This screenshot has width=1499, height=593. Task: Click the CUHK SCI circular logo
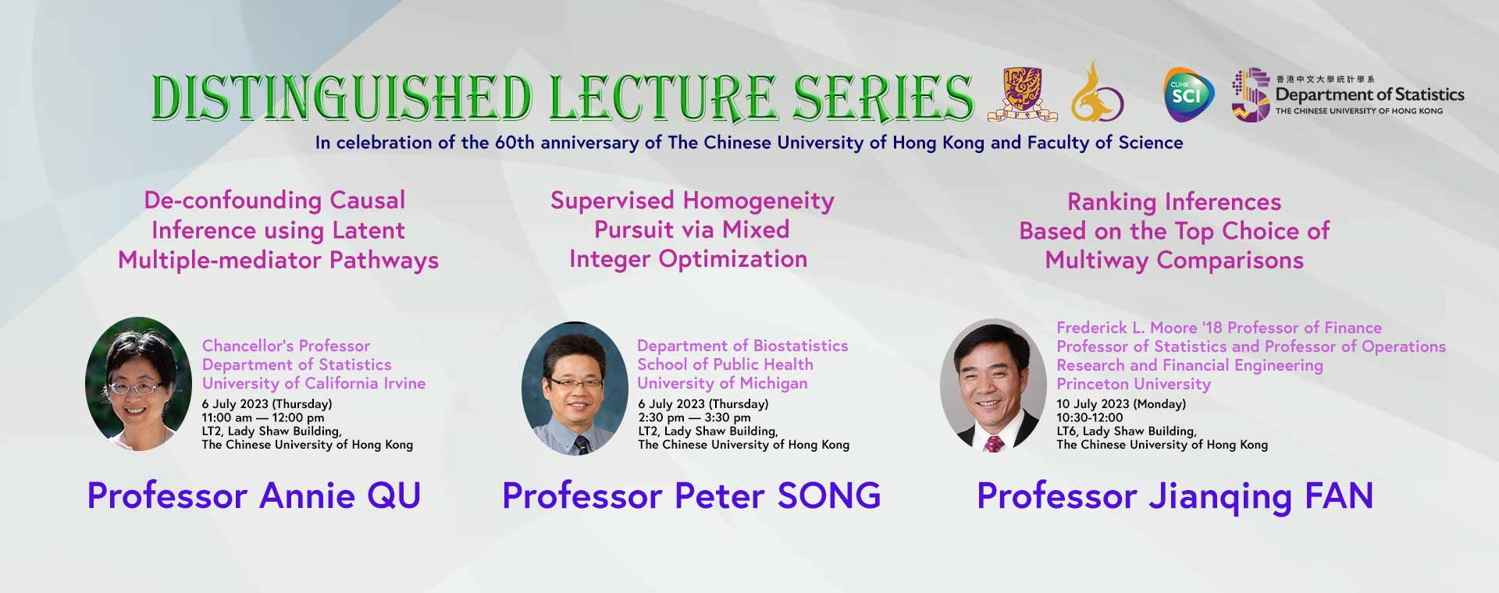coord(1189,95)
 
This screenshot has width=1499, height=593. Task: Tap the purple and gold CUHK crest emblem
coord(1022,94)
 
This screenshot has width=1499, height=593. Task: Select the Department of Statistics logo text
coord(1369,94)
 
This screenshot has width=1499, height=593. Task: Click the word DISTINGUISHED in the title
coord(342,98)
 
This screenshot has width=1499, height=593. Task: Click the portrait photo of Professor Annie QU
coord(139,384)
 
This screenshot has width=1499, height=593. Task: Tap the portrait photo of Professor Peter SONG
coord(575,389)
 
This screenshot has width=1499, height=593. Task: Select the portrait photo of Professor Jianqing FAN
coord(993,386)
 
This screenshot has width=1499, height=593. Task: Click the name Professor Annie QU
coord(254,495)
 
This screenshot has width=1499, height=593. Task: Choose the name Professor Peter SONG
coord(692,495)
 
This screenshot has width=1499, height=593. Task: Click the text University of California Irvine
coord(314,383)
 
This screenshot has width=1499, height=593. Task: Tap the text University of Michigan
coord(722,383)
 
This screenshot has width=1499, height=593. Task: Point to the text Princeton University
coord(1134,384)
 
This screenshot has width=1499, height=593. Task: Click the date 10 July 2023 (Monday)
coord(1121,404)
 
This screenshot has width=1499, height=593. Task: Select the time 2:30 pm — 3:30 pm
coord(694,417)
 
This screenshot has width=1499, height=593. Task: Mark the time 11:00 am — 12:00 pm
coord(263,417)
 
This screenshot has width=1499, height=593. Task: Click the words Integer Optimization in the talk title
coord(688,260)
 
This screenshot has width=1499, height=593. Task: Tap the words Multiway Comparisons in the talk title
coord(1174,261)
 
